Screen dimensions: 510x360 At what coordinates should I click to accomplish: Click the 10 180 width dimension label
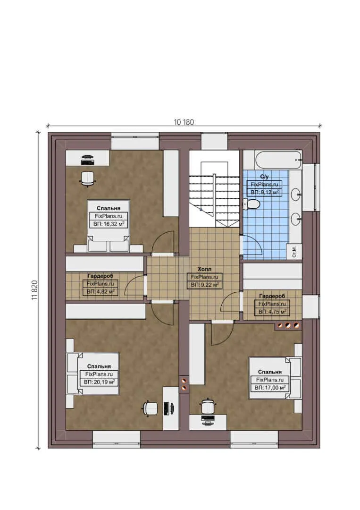click(184, 122)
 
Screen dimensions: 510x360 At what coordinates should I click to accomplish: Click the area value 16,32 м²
click(109, 224)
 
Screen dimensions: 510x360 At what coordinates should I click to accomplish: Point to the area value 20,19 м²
click(100, 382)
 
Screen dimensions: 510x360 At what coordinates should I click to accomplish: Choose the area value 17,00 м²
click(270, 387)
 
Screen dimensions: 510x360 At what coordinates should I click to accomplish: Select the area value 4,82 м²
click(100, 292)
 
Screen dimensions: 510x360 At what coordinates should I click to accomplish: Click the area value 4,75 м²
click(272, 312)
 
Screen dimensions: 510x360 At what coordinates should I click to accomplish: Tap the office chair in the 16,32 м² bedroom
click(87, 178)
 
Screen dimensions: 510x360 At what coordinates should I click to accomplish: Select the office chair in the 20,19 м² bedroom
click(151, 408)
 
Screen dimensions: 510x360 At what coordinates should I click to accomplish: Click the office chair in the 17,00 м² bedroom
click(208, 406)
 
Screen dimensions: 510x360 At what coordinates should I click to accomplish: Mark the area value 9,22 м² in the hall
click(204, 285)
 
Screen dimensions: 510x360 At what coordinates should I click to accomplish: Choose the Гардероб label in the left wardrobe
click(100, 276)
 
